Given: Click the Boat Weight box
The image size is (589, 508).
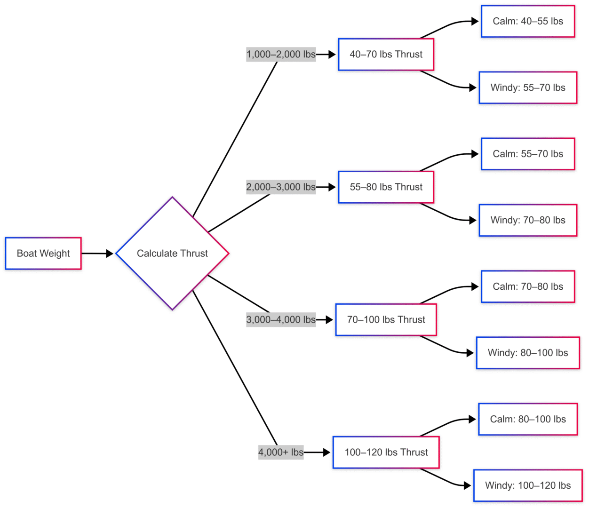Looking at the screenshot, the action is [43, 253].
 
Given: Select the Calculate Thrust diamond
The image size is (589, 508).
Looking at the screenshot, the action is [172, 253].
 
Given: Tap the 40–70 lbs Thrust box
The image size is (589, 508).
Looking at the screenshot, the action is [386, 55].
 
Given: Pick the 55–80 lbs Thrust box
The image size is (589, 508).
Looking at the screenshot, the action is [386, 187].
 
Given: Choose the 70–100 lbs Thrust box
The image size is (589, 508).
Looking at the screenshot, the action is [386, 320].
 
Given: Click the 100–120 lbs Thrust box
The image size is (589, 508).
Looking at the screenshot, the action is [386, 452].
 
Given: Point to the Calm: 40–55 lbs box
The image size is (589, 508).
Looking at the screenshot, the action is [528, 21].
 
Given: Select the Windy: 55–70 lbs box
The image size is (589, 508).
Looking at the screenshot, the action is [528, 87].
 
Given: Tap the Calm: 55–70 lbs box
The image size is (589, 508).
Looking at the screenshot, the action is [528, 154].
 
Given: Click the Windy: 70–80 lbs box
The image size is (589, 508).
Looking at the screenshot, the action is [528, 220].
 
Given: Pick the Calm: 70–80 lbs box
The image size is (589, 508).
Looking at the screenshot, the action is [528, 286].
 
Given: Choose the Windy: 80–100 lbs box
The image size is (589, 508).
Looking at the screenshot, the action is [528, 353].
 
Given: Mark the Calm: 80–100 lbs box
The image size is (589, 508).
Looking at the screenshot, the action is [528, 419].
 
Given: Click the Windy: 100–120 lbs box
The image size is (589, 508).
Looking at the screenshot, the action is [528, 485].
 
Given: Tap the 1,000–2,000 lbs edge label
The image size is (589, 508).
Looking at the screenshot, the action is [281, 55].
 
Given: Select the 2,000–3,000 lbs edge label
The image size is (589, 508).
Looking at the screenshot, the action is [281, 187].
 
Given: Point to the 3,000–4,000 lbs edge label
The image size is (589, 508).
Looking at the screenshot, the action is [281, 320].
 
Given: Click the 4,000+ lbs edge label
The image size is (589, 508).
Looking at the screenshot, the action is [281, 452].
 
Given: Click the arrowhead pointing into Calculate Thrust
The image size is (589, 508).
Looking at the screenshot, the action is [110, 254].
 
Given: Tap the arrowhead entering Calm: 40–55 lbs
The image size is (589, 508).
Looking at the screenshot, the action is [475, 21].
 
